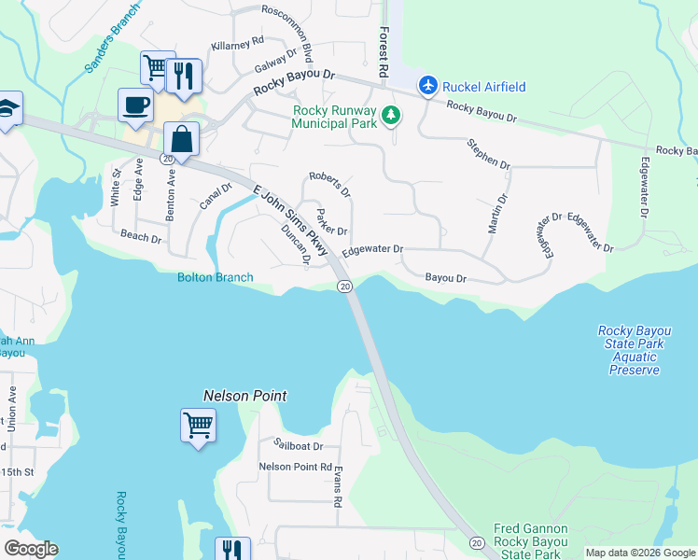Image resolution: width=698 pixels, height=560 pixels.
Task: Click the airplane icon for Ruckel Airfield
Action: pos(428,86)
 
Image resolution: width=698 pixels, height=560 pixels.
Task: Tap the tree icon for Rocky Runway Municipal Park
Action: pos(392,116)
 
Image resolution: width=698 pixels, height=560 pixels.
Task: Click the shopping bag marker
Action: pos(182,140)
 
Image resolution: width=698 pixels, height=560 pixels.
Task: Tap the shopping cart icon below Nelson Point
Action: pos(199,426)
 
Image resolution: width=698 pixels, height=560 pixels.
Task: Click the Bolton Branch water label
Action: pos(216,277)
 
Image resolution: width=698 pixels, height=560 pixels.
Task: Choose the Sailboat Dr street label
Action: pos(298,446)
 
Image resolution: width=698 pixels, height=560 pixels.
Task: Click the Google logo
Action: pos(31,549)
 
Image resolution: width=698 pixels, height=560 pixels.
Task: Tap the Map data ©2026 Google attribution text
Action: pos(640,553)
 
